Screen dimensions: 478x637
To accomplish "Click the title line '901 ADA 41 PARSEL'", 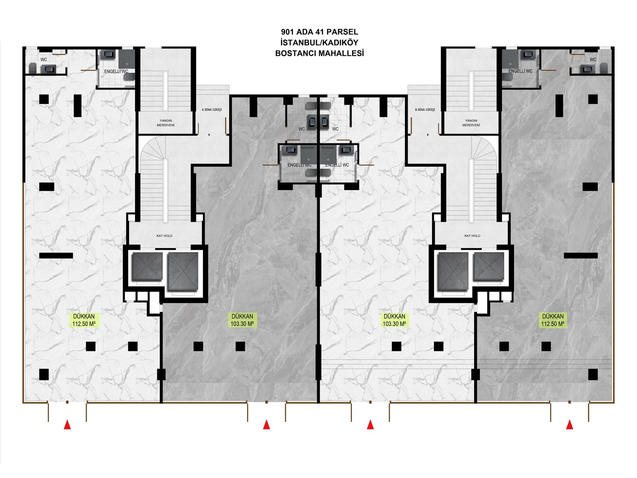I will tap(319, 32).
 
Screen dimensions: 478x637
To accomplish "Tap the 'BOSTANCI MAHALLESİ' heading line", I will tap(319, 53).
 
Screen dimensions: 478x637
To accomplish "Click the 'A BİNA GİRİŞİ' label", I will tap(211, 110).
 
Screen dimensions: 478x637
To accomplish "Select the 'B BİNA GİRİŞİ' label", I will tap(425, 110).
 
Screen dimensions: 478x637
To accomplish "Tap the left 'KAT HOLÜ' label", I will tap(164, 236).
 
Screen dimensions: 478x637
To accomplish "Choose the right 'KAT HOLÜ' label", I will tap(472, 236).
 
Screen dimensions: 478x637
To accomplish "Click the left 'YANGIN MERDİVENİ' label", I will tap(165, 123).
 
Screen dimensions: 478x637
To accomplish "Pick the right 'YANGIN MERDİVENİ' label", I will tap(471, 123).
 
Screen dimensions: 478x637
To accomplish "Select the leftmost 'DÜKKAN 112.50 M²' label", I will tap(84, 320).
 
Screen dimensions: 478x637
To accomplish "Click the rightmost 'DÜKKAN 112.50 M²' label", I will tap(553, 320).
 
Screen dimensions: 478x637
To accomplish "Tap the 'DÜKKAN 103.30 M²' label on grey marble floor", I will tap(242, 320).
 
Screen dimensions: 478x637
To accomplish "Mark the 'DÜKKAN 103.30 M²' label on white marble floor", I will tap(394, 320).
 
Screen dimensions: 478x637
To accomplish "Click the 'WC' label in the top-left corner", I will tap(44, 60).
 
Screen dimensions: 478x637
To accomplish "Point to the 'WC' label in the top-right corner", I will tap(593, 60).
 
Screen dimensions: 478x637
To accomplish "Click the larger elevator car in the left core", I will tap(183, 271).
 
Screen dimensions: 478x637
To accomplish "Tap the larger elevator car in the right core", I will tap(453, 271).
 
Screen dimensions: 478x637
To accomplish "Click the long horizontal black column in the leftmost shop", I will tap(56, 256).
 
